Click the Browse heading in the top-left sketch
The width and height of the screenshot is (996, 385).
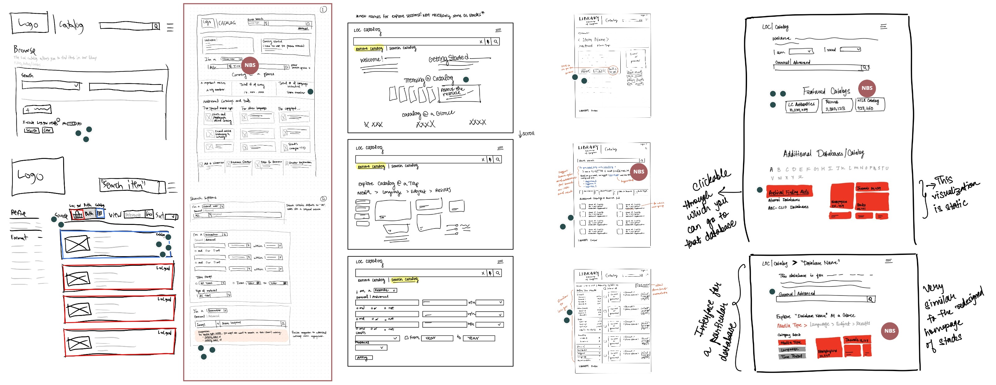pos(25,50)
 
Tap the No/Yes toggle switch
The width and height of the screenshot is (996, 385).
pos(72,124)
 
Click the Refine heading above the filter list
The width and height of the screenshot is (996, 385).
pos(18,212)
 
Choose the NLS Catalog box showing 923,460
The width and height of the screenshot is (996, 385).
pos(870,104)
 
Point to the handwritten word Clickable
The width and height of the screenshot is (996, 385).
pos(711,180)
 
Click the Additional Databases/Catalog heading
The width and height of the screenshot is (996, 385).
pos(823,153)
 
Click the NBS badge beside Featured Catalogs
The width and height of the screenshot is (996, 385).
pos(867,88)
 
